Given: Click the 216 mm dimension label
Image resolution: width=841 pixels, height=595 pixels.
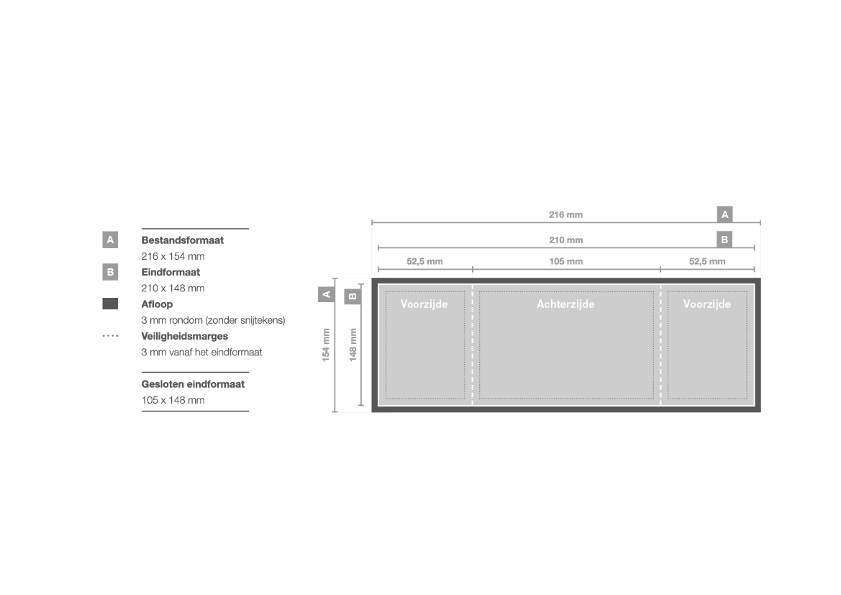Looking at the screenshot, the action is click(x=565, y=214).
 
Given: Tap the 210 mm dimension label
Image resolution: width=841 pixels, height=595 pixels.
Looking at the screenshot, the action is click(x=565, y=240).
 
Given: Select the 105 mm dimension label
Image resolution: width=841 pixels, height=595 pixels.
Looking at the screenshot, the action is click(x=565, y=261).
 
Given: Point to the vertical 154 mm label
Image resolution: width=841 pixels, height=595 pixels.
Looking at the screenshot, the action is click(x=326, y=345).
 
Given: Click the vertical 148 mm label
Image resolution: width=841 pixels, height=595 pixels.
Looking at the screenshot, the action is click(x=353, y=345).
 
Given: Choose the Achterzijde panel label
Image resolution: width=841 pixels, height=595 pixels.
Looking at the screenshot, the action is click(x=565, y=304).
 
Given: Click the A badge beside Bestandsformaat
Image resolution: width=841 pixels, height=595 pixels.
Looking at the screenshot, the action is click(x=110, y=240).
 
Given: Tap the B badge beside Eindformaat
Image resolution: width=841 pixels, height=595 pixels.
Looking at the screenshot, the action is click(x=110, y=272).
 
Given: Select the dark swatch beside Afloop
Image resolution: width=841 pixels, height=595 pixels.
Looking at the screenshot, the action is click(x=110, y=304).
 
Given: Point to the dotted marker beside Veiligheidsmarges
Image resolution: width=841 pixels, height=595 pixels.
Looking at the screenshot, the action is click(x=110, y=336).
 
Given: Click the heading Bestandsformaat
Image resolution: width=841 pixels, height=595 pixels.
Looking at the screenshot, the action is click(x=182, y=240).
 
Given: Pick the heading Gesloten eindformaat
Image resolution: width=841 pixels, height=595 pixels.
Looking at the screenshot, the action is click(x=193, y=384).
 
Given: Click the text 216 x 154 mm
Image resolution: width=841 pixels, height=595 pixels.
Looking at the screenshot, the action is click(x=173, y=256).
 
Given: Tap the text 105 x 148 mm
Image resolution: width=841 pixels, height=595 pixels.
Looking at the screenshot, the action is click(x=173, y=400).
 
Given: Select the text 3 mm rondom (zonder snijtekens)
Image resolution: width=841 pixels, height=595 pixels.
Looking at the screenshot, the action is click(x=213, y=320).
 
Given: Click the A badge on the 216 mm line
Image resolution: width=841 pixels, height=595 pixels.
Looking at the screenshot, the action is click(x=724, y=214).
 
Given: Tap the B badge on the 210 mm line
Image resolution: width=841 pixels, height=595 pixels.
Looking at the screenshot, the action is click(x=724, y=240).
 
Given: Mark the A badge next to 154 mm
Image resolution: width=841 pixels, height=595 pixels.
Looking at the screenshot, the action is click(x=326, y=294).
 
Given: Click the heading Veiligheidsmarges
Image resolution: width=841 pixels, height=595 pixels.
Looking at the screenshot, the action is click(x=184, y=337).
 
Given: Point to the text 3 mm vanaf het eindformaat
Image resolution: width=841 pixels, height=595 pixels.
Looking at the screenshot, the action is click(x=201, y=353).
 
